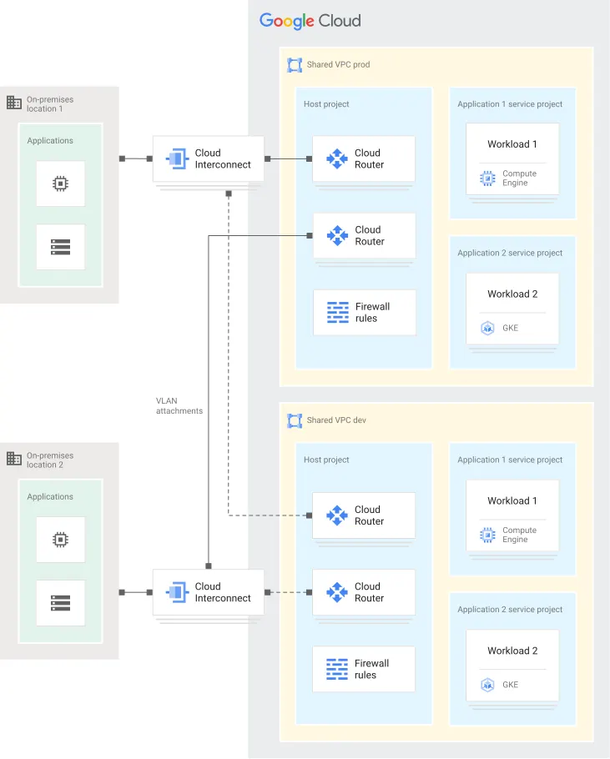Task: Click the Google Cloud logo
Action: click(310, 21)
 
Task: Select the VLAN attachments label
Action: click(179, 405)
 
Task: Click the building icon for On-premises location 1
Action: click(14, 103)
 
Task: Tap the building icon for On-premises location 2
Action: click(14, 459)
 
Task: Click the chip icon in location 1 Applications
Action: click(60, 183)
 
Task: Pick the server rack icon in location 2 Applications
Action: click(60, 602)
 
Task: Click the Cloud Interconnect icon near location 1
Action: click(178, 158)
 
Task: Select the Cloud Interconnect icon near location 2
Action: click(178, 592)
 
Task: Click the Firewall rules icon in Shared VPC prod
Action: click(338, 313)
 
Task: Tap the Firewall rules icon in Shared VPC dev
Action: click(337, 669)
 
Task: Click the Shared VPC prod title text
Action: click(338, 64)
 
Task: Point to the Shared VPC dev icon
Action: click(294, 420)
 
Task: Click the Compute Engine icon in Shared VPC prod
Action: click(488, 178)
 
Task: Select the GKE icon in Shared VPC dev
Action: click(488, 685)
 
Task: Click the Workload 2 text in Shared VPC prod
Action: click(512, 294)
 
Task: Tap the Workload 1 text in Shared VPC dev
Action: click(512, 500)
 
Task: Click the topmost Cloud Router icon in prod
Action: click(337, 158)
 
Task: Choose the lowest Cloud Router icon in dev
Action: click(337, 592)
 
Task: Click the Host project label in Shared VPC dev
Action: click(326, 460)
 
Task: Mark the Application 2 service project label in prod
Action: click(510, 253)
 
